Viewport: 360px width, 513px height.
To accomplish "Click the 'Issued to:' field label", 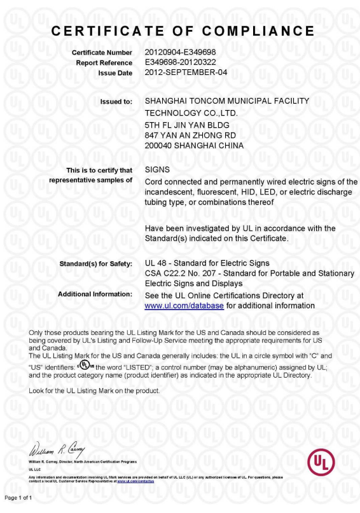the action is [116, 102].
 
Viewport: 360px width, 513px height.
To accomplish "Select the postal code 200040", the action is [158, 146].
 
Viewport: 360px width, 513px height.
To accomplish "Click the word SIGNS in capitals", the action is [158, 170].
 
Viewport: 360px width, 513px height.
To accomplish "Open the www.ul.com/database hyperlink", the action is [184, 306].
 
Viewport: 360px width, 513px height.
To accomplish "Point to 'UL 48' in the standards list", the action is [156, 263].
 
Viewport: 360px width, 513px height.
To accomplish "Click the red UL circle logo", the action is [321, 463].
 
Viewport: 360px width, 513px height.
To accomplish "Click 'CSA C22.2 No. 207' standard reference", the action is [181, 273].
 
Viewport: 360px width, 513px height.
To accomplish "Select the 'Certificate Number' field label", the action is [102, 52].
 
